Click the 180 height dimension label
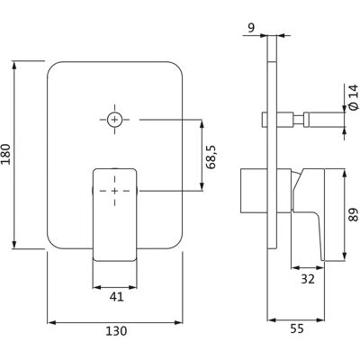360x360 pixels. coord(6,154)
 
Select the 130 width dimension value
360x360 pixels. coord(116,331)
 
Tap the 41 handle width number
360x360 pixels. coord(116,297)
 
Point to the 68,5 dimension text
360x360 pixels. coord(212,157)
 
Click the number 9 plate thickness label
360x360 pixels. coord(251,28)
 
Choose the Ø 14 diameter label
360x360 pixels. coord(354,97)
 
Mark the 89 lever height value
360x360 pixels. coord(354,214)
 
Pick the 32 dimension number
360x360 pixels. coord(308,279)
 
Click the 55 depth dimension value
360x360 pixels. coord(297,328)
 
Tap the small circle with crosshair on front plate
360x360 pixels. coord(114,120)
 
